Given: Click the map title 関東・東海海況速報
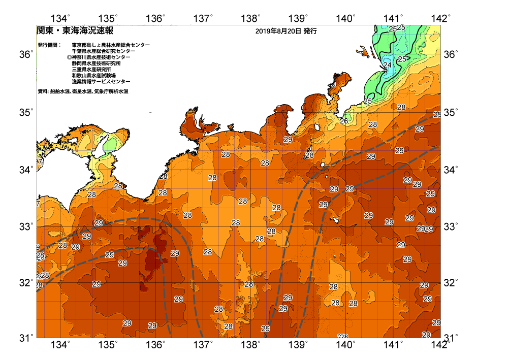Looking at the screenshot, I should [75, 30].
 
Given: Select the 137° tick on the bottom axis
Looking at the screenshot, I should [203, 345].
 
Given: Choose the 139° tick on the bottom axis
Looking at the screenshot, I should [298, 345].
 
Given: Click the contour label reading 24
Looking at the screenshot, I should [387, 65].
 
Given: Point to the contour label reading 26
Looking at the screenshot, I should [344, 121].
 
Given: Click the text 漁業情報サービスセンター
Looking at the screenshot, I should [101, 82].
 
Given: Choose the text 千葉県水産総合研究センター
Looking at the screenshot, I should [104, 51].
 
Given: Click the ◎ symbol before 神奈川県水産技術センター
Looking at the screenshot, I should [69, 57].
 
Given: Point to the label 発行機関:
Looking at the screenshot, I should [49, 45].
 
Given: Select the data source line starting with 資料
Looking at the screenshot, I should [83, 92].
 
